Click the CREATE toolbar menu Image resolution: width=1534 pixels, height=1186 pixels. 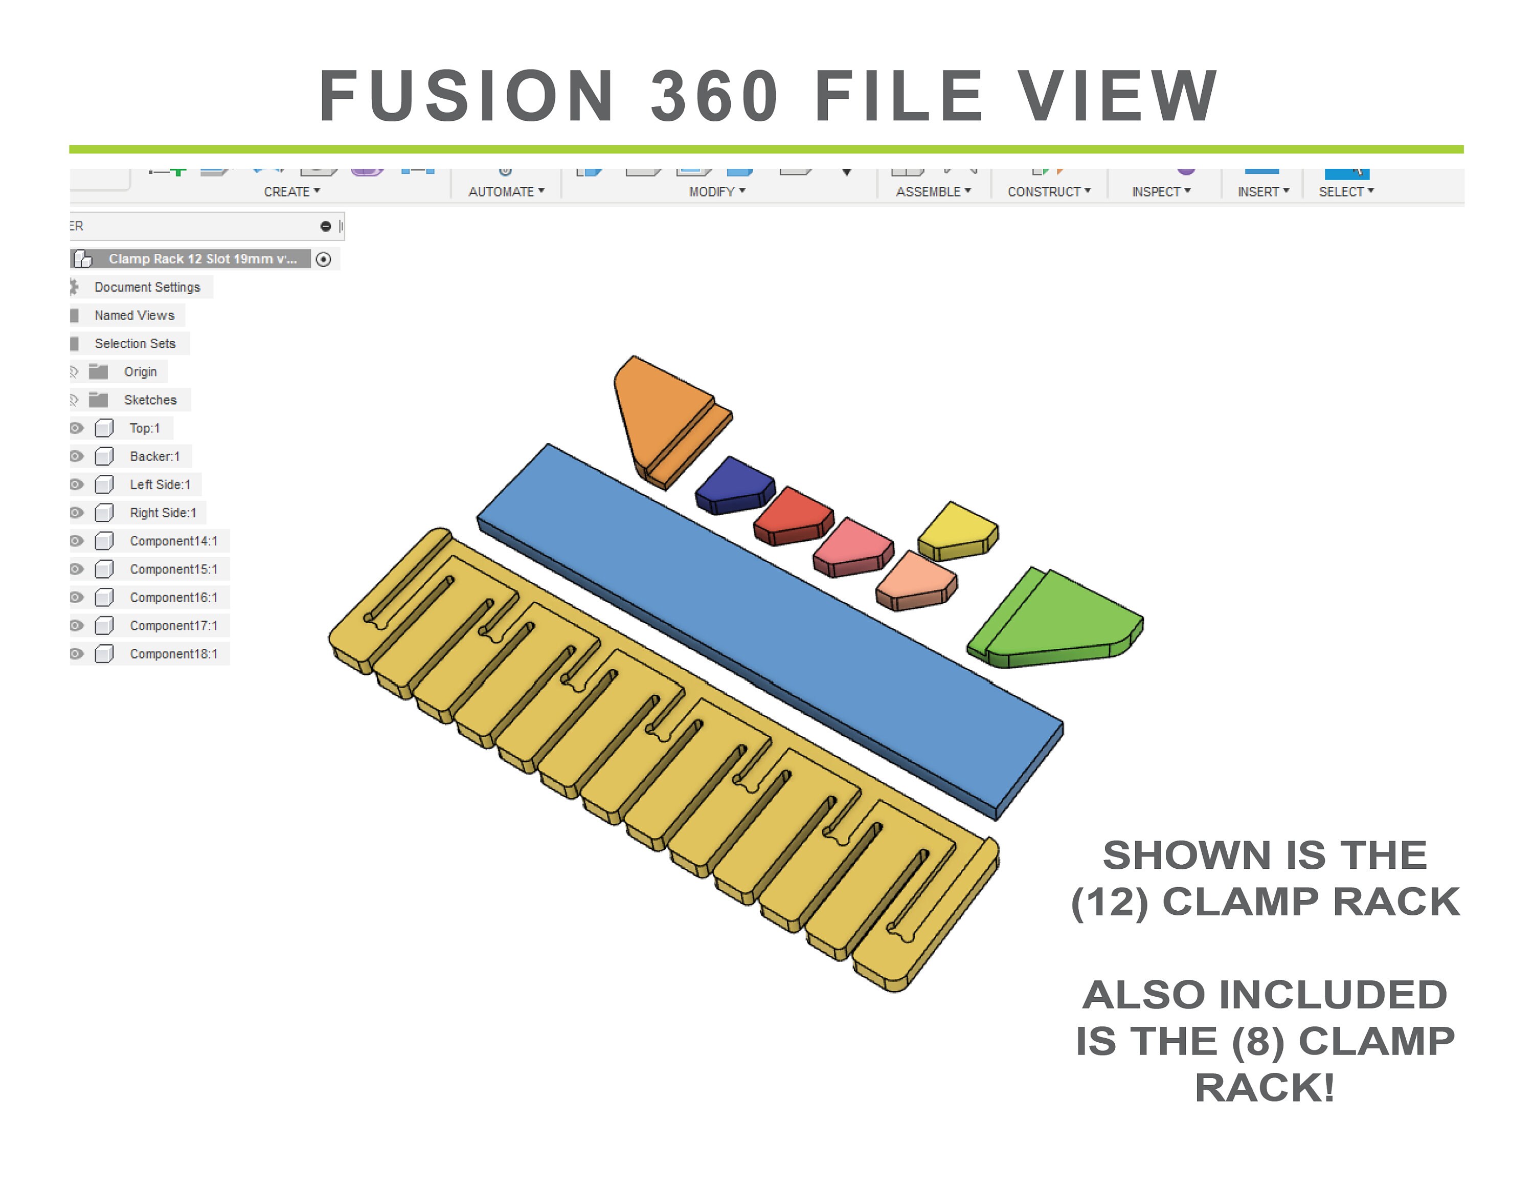(x=291, y=192)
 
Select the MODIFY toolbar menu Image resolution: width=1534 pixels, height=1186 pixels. (x=716, y=192)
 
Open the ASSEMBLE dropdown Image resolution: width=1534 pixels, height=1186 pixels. (x=933, y=192)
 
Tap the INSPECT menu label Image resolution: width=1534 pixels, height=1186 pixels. (x=1160, y=192)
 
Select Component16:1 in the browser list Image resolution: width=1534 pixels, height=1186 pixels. (x=173, y=597)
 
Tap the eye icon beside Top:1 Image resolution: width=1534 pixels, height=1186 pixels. (x=77, y=428)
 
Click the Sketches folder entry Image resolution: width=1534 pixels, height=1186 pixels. (x=150, y=400)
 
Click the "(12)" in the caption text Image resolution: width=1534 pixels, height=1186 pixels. (x=1109, y=902)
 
